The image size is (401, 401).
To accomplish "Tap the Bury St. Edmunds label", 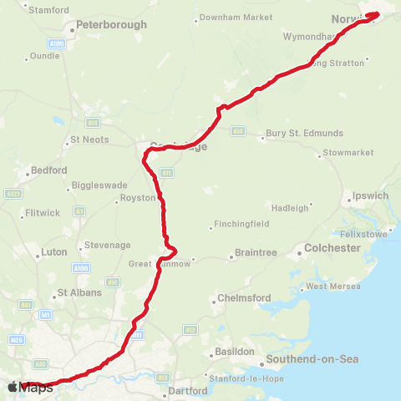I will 304,134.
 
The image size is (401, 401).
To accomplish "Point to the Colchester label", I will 332,248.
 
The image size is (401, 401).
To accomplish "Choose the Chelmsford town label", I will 246,298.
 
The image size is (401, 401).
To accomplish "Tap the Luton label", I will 53,251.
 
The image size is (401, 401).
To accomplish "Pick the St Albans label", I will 79,293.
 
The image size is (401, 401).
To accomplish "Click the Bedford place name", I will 48,170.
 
